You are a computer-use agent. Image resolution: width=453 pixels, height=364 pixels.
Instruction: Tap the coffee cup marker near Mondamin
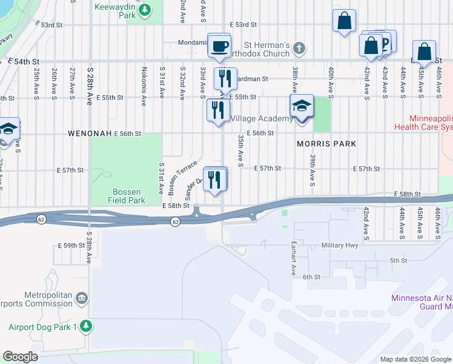[219, 45]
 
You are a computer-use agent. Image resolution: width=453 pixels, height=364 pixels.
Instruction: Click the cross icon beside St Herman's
[298, 47]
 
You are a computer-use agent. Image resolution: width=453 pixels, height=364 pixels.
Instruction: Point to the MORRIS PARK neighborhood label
[326, 144]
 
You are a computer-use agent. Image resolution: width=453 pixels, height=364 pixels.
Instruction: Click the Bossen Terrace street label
[179, 178]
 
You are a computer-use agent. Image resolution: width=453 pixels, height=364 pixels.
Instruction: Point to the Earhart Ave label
[292, 261]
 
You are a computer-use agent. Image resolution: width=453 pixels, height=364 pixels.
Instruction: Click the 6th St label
[311, 277]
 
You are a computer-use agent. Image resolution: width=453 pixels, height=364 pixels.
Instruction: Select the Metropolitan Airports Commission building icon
[82, 298]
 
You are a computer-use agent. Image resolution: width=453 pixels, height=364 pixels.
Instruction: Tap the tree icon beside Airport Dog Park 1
[87, 326]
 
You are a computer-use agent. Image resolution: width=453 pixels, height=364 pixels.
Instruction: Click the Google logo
[20, 357]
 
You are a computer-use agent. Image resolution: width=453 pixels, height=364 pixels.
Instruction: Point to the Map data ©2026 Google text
[415, 359]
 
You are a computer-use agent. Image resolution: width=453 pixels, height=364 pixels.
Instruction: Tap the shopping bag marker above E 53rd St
[344, 21]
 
